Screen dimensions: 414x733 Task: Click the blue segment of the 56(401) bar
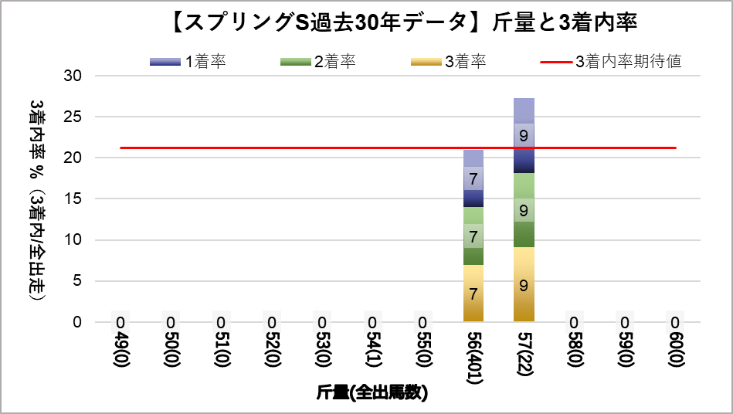point(473,178)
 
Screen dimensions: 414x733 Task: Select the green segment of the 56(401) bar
point(473,236)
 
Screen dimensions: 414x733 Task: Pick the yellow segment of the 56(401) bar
point(473,294)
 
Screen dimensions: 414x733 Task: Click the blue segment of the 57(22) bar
point(524,135)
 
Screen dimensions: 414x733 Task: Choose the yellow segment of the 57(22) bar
point(524,284)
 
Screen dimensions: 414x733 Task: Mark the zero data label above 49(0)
point(121,323)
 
